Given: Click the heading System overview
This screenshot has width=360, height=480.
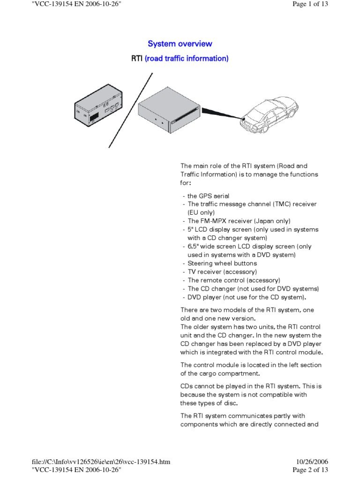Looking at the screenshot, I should [180, 44].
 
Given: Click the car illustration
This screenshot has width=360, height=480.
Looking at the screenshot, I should [271, 113].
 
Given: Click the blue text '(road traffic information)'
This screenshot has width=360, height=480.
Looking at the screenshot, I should [187, 59].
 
